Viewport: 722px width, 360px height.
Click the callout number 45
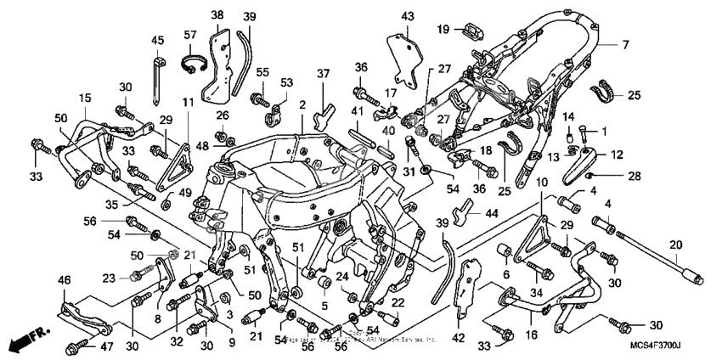(x=158, y=41)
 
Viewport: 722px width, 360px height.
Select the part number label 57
(x=189, y=35)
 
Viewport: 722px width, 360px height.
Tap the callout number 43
(x=408, y=16)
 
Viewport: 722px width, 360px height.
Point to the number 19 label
(x=443, y=31)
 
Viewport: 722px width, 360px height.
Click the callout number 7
(x=625, y=44)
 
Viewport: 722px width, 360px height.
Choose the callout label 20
(x=676, y=245)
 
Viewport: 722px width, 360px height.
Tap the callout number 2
(x=302, y=104)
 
